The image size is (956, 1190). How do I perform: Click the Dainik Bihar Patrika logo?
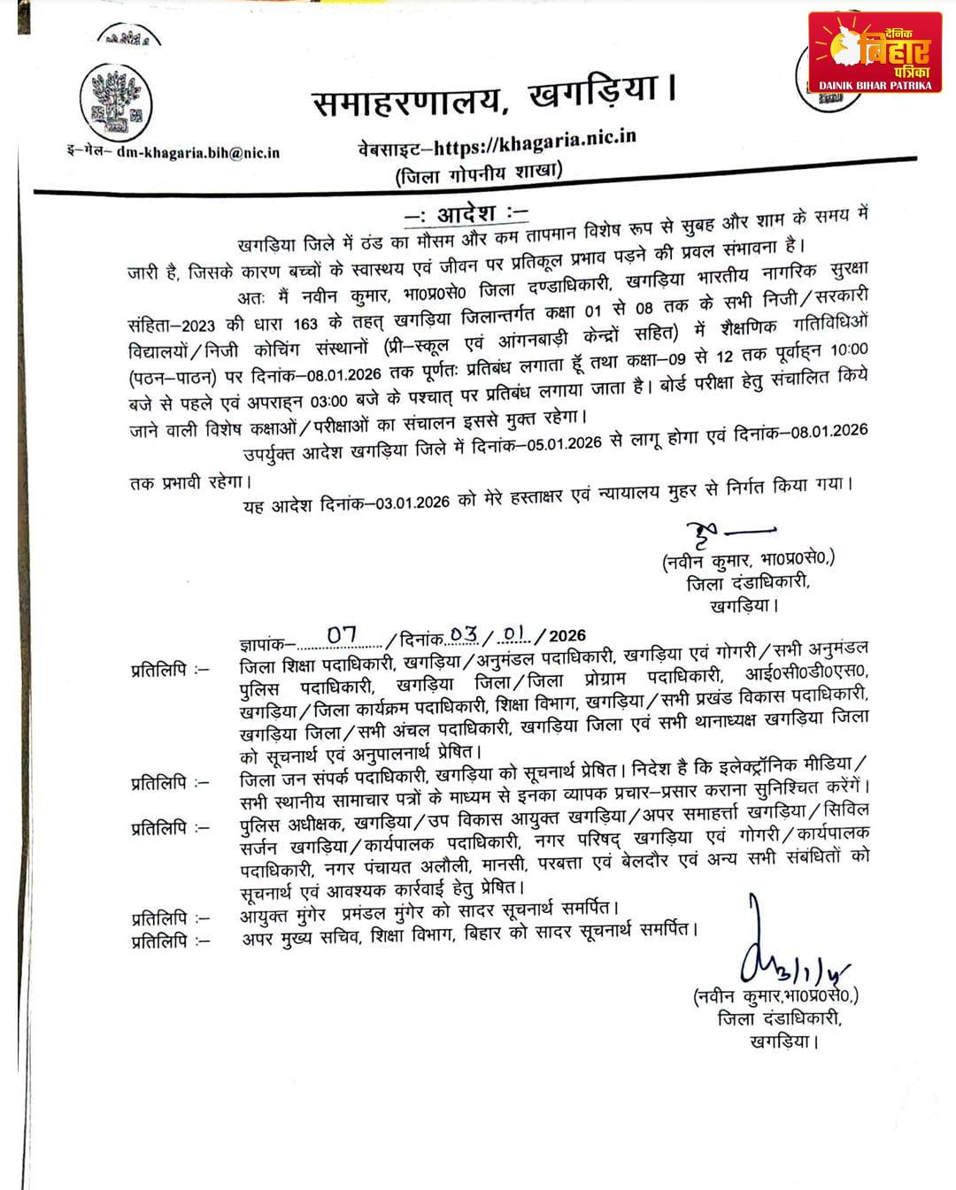point(875,52)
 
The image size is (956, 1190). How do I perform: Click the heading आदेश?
point(466,213)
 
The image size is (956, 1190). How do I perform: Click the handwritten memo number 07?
point(342,634)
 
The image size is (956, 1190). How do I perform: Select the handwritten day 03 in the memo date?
point(464,634)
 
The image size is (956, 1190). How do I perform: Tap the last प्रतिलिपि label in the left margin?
point(171,940)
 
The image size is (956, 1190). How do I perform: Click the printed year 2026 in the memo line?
point(567,635)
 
